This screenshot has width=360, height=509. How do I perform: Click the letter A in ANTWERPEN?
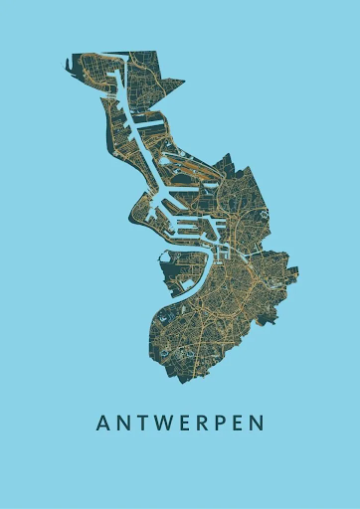coord(102,424)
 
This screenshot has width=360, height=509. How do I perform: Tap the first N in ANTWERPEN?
coord(122,424)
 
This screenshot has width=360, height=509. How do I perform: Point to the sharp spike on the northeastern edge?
coord(181,82)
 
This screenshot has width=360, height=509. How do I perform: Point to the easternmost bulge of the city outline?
coord(298,268)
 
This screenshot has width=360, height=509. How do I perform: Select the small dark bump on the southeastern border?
coord(267,320)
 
